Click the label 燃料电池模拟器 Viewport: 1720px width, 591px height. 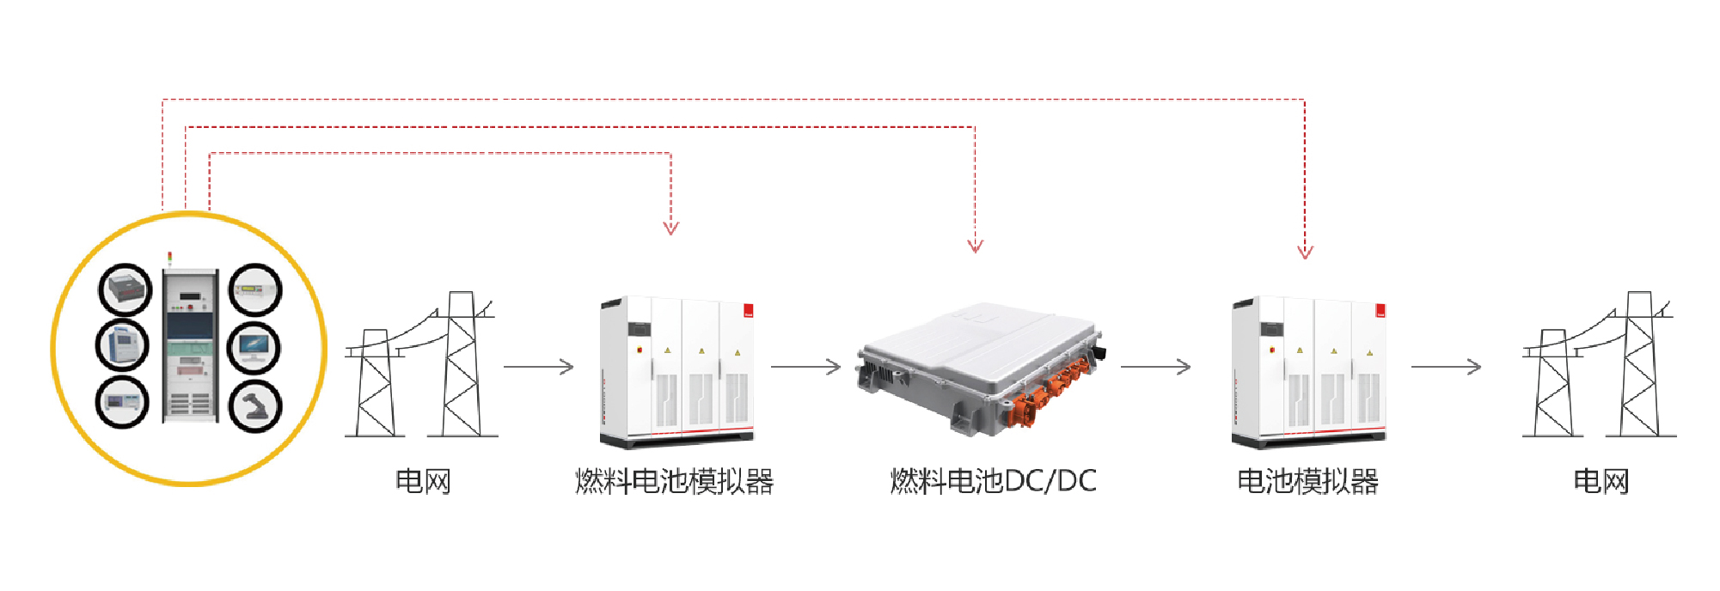tap(675, 481)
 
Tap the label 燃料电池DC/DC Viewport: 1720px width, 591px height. tap(994, 481)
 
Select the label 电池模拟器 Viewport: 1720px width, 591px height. tap(1307, 481)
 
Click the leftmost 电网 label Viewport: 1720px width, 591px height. tap(423, 481)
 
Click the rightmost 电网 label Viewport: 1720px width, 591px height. tap(1601, 481)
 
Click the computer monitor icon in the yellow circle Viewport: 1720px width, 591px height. tap(254, 346)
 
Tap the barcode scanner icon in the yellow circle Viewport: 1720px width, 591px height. tap(254, 405)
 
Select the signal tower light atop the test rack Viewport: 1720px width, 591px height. tap(169, 258)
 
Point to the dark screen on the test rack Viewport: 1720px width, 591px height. tap(189, 326)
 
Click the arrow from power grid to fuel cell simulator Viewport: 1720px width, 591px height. tap(539, 367)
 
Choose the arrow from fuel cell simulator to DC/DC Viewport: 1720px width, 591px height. tap(806, 367)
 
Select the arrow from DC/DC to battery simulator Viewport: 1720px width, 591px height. tap(1156, 367)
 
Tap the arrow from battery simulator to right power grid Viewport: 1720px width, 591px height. tap(1447, 367)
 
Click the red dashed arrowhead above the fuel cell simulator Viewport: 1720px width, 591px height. tap(671, 227)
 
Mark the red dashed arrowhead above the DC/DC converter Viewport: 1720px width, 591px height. tap(975, 246)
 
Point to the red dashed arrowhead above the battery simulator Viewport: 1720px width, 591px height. tap(1305, 252)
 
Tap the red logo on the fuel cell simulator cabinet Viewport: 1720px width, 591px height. tap(748, 311)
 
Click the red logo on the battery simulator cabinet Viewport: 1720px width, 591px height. tap(1380, 311)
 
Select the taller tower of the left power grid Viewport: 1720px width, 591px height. tap(462, 365)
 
